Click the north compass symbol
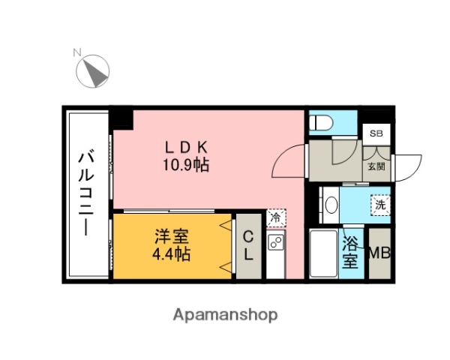click(94, 72)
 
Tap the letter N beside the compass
click(76, 52)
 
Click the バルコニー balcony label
click(87, 193)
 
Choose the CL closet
click(246, 245)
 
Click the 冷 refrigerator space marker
click(275, 217)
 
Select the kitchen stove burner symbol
click(275, 242)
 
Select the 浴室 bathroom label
click(350, 252)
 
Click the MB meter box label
click(379, 253)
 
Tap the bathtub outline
click(323, 253)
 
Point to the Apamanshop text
click(226, 314)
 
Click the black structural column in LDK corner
click(121, 118)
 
